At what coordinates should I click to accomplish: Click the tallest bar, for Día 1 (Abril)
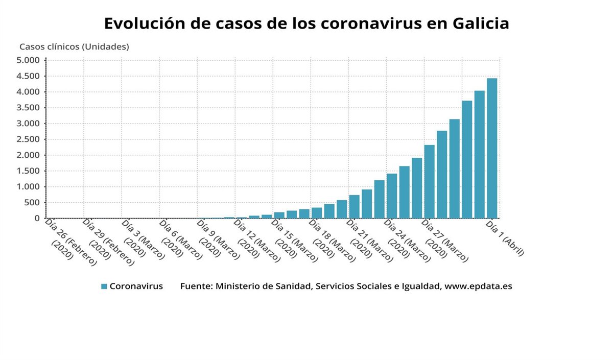pos(491,148)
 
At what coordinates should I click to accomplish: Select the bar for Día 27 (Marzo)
pos(429,182)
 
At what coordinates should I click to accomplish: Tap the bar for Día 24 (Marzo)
pos(391,196)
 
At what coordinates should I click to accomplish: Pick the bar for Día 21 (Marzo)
pos(354,207)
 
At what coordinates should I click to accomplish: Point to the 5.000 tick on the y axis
pos(28,60)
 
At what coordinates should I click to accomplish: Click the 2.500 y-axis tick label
pos(28,139)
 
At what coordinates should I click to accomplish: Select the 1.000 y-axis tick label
pos(28,187)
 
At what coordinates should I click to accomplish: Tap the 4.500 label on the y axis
pos(28,76)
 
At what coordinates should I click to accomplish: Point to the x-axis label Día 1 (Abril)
pos(505,238)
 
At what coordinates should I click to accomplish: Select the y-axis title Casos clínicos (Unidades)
pos(74,46)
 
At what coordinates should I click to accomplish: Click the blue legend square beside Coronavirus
pos(104,286)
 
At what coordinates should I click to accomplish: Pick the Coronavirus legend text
pos(136,286)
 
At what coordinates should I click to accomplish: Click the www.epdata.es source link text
pos(478,286)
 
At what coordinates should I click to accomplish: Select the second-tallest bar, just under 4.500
pos(479,154)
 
